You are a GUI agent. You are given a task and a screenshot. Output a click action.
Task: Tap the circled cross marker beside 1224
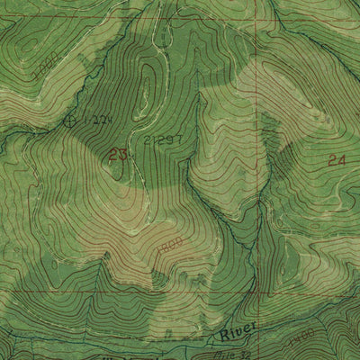[73, 118]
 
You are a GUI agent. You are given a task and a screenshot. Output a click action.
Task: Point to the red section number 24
[337, 161]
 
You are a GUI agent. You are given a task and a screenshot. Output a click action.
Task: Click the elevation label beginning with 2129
[163, 140]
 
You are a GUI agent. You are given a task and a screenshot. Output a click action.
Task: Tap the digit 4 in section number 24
[341, 161]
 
